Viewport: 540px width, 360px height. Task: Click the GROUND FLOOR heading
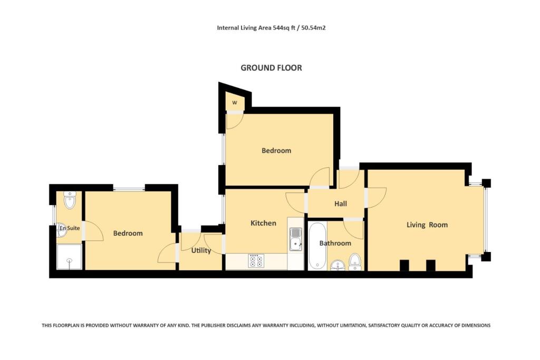point(271,68)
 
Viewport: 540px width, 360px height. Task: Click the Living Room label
point(427,225)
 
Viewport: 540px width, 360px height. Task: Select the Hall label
point(340,204)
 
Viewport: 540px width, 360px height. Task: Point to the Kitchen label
point(263,223)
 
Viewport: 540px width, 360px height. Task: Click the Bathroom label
point(335,243)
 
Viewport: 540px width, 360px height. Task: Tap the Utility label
point(200,250)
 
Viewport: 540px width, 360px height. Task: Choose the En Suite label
point(69,228)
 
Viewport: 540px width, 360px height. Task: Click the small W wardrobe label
point(235,102)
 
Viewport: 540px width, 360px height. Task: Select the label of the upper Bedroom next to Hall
point(276,151)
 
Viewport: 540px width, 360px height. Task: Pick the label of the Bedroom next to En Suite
point(128,233)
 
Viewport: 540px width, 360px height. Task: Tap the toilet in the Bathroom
point(355,261)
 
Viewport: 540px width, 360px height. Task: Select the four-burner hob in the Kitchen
point(256,260)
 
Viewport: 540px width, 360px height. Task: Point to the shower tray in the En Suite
point(69,257)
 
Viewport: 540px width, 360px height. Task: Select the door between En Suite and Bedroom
point(92,231)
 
